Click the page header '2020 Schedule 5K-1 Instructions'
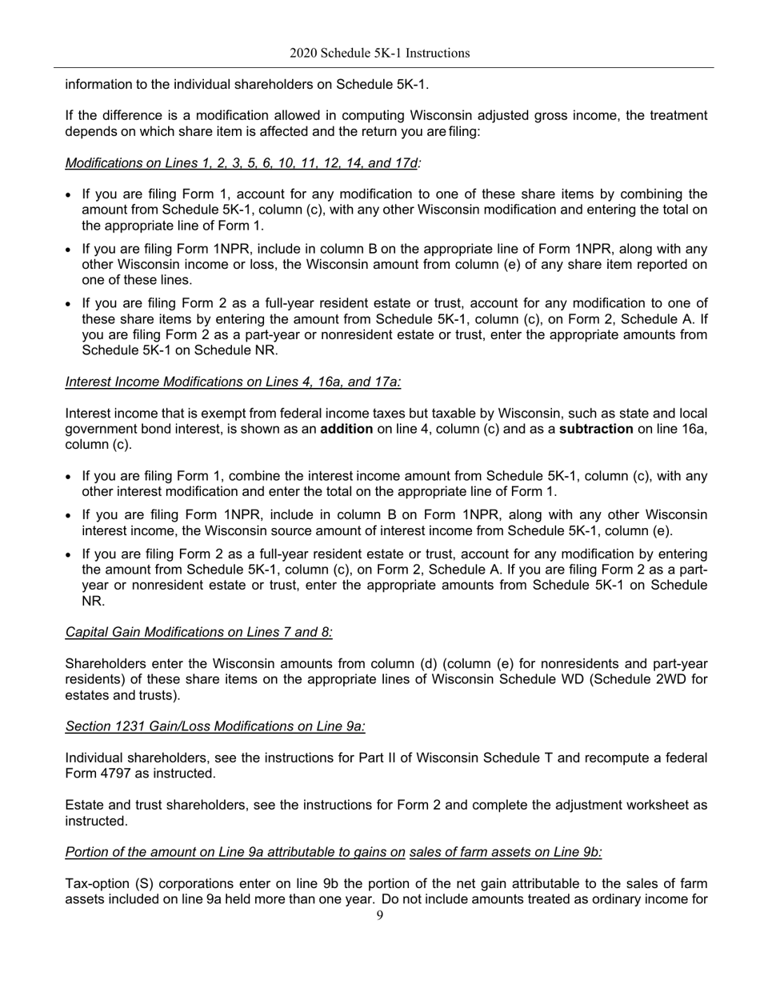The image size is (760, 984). pos(379,54)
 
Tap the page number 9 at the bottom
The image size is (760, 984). pos(379,916)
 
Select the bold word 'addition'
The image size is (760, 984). pos(346,430)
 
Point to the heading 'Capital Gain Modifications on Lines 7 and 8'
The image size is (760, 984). pos(198,633)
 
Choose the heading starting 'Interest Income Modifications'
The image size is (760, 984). pos(233,382)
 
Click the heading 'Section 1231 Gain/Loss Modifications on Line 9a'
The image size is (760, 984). pos(215,726)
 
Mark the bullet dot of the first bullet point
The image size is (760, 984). pos(69,195)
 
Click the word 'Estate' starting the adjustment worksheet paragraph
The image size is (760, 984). pos(84,806)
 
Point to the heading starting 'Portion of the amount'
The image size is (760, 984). pos(334,852)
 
